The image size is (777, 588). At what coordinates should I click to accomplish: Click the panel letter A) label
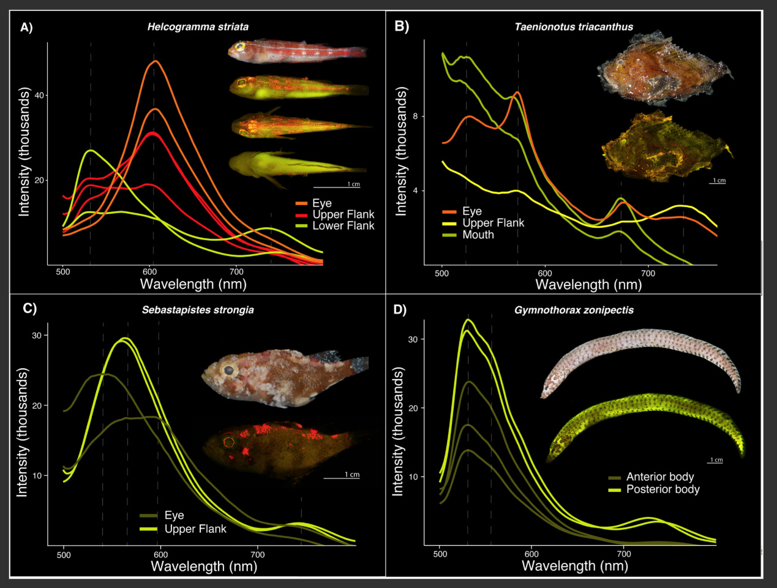click(26, 27)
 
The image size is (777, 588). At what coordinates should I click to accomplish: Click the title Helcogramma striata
click(198, 27)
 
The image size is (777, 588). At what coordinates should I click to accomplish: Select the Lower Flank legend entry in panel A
click(343, 226)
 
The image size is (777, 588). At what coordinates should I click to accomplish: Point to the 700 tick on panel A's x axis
click(236, 272)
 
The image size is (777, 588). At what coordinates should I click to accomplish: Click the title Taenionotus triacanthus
click(574, 27)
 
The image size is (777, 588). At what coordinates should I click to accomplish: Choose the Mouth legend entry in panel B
click(478, 235)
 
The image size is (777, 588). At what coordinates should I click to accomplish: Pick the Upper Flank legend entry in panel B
click(493, 224)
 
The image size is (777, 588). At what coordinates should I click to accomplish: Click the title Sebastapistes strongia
click(198, 310)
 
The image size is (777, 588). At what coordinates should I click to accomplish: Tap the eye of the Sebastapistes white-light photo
click(230, 370)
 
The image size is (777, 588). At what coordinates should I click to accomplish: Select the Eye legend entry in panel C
click(174, 516)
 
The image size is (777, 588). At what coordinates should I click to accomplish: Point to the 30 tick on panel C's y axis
click(37, 336)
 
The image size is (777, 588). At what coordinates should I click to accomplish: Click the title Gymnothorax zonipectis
click(574, 310)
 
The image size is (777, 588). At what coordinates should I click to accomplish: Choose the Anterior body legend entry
click(659, 477)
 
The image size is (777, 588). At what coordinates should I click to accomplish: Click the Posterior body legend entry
click(663, 489)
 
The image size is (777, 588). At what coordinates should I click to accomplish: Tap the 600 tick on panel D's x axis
click(531, 554)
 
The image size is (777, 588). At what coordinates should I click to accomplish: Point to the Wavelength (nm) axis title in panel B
click(588, 284)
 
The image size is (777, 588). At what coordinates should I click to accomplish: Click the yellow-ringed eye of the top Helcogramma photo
click(241, 46)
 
